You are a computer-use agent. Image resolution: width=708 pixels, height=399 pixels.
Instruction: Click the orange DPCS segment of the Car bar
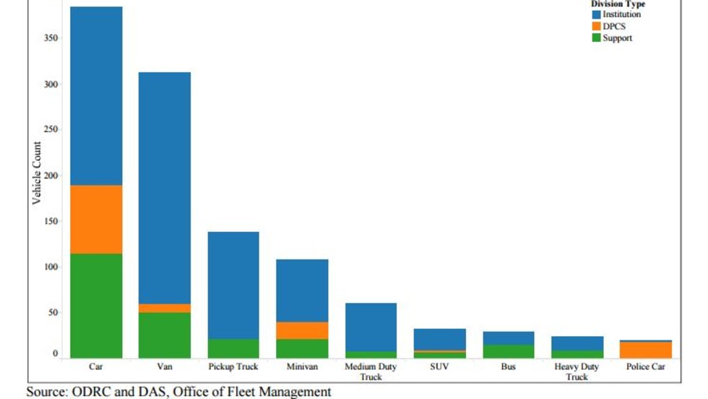96,220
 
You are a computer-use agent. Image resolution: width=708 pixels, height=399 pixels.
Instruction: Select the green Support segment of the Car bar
96,305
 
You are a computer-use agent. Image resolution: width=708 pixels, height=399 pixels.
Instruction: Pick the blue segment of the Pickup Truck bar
233,285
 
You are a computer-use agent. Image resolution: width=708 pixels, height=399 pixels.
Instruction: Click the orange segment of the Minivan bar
302,330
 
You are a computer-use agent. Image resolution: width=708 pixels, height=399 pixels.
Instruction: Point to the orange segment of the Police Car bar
645,350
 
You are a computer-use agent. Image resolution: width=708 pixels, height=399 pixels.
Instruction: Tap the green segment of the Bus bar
508,351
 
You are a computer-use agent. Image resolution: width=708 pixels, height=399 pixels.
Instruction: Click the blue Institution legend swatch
596,14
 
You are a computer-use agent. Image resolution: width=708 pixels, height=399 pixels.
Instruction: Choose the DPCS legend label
615,26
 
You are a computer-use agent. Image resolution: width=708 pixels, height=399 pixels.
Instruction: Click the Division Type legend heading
618,4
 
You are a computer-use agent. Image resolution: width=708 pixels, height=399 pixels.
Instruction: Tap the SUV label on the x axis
439,367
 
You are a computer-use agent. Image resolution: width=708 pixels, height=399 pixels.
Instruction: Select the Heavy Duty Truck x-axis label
577,372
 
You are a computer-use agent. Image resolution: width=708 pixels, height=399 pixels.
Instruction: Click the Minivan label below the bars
302,367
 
